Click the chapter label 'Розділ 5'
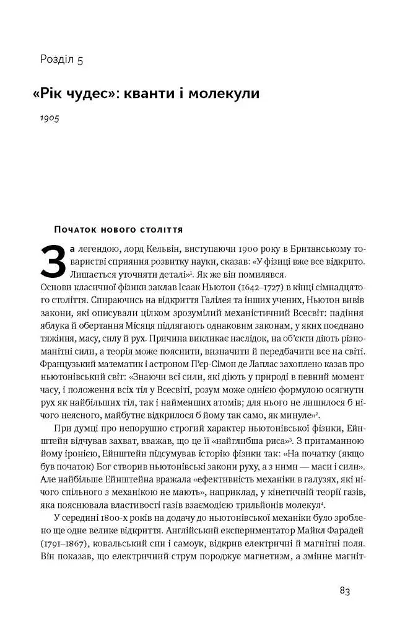[61, 60]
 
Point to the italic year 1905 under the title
[49, 118]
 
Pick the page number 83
[345, 590]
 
